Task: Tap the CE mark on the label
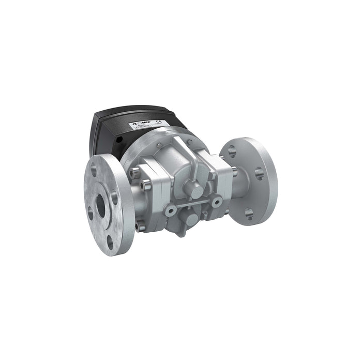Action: [x=165, y=123]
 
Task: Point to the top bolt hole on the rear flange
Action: [x=232, y=151]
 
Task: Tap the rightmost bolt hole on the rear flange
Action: [x=259, y=173]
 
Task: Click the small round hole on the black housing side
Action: [x=117, y=140]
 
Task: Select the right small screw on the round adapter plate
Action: [x=190, y=140]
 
